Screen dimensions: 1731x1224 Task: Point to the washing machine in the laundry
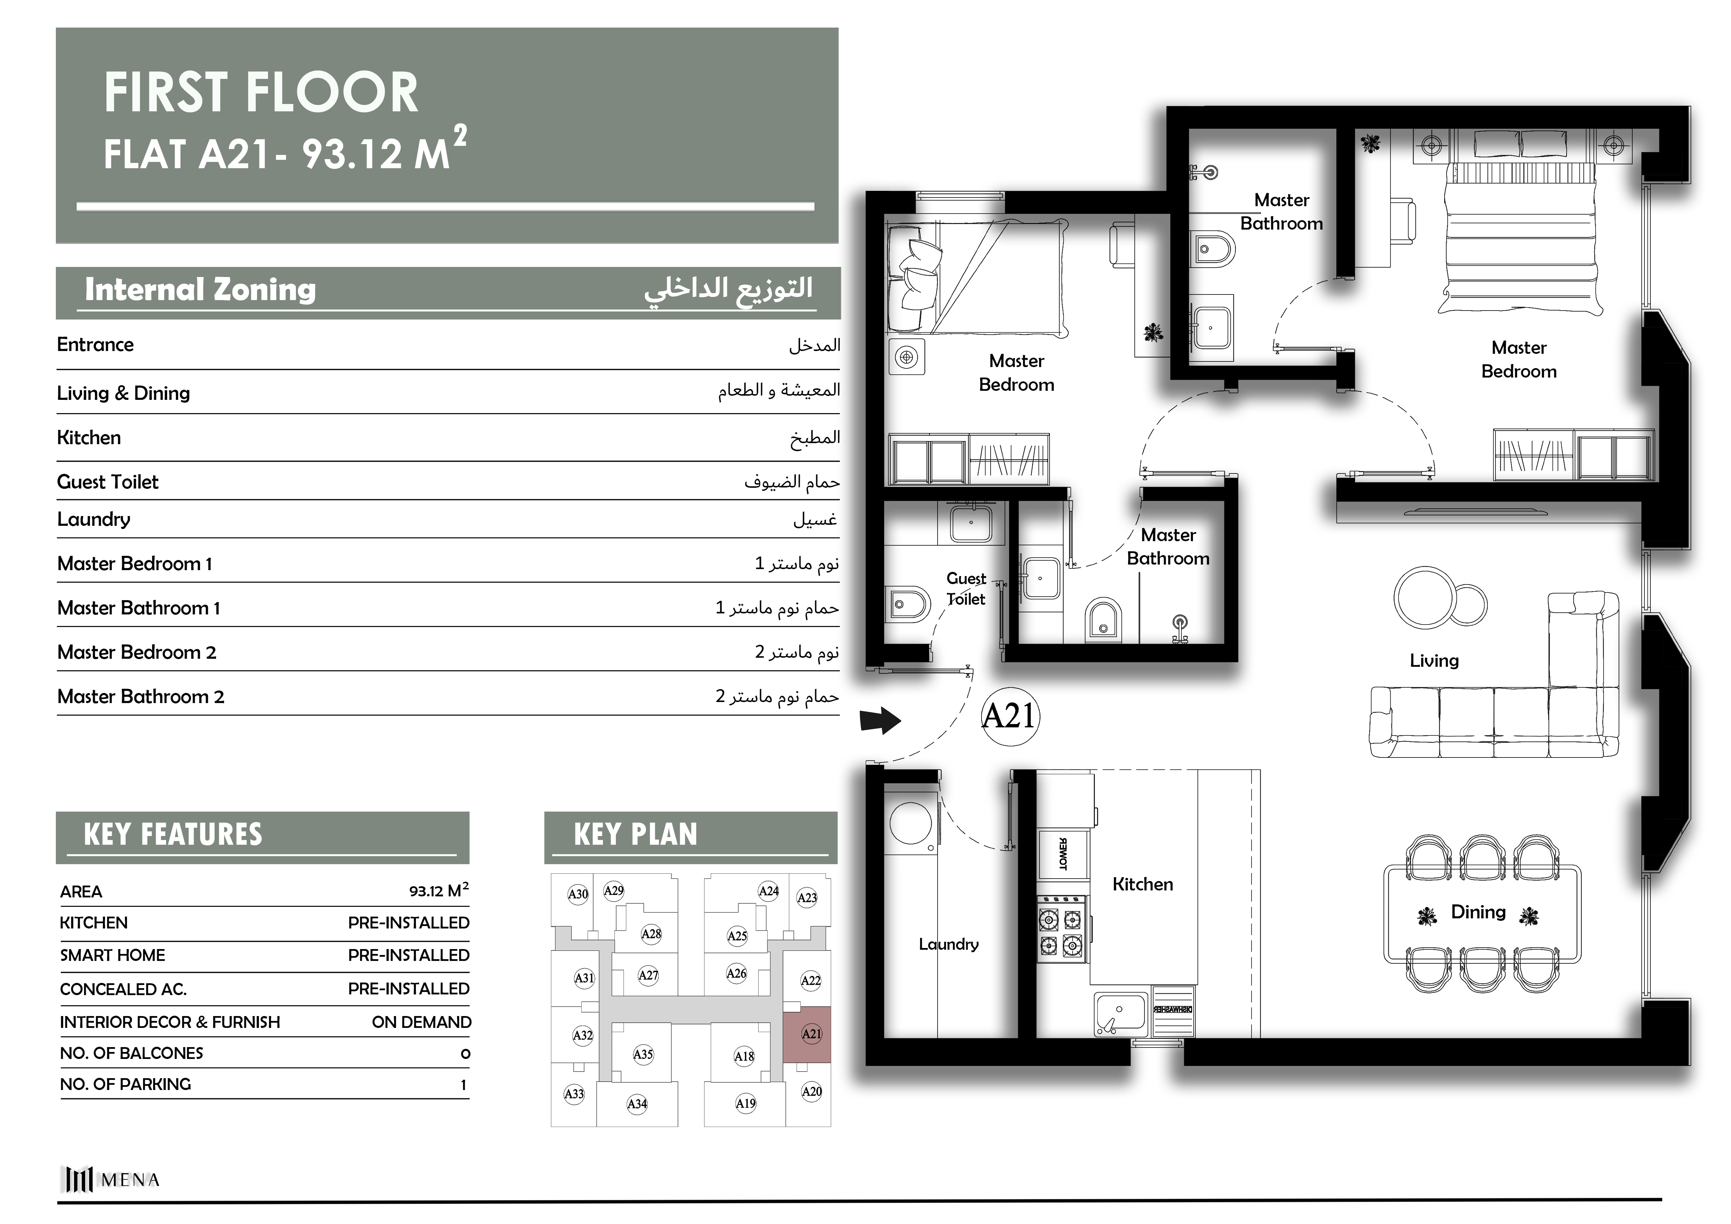click(x=911, y=823)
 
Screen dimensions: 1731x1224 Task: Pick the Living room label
click(x=1434, y=661)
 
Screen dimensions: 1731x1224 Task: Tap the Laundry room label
click(x=948, y=945)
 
